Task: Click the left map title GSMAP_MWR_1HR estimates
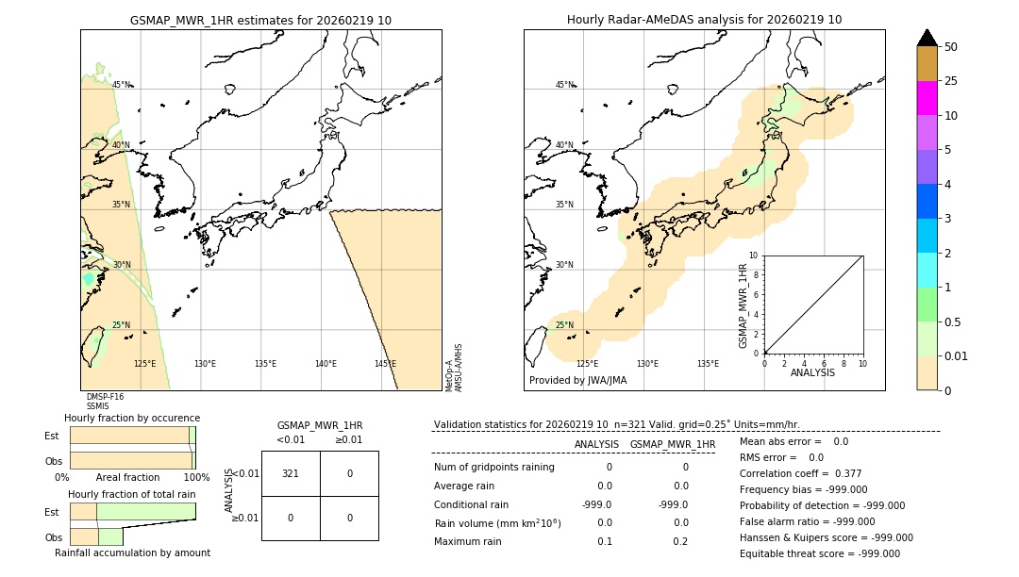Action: click(260, 20)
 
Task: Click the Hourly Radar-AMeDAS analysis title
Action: click(704, 20)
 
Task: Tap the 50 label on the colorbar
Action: click(951, 47)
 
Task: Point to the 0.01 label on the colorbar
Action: click(957, 355)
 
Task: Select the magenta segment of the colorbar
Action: click(927, 98)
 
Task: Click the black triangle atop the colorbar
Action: click(927, 38)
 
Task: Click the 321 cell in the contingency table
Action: click(291, 473)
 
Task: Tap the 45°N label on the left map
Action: click(122, 85)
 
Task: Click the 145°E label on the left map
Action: click(385, 364)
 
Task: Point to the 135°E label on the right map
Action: click(708, 364)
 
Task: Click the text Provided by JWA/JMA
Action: click(577, 381)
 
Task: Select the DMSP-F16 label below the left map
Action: click(105, 397)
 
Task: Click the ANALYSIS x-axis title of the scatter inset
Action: click(812, 372)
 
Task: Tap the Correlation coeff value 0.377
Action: click(822, 474)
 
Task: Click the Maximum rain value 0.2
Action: click(680, 541)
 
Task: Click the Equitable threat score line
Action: click(819, 554)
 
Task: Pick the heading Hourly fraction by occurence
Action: click(132, 418)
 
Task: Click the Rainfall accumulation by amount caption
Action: click(132, 553)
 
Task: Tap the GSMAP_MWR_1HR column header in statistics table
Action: click(672, 444)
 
